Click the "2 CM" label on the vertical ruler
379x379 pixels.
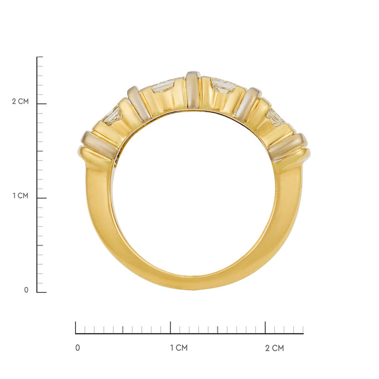click(20, 101)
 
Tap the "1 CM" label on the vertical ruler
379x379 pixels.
click(21, 196)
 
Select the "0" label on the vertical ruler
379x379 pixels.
click(26, 290)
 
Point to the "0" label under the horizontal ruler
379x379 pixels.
click(77, 348)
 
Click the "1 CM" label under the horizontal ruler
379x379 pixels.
click(179, 348)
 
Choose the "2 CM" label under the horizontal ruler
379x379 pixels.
click(275, 348)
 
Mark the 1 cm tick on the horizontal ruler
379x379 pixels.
click(171, 328)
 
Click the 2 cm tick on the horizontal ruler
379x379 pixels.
click(265, 328)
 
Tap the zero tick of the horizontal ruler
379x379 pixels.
click(76, 328)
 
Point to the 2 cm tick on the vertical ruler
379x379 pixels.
click(42, 104)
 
